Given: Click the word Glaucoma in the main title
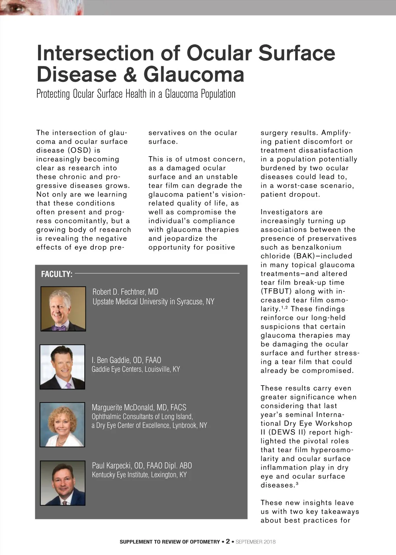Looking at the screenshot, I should pyautogui.click(x=194, y=74).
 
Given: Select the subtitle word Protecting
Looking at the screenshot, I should pyautogui.click(x=53, y=94).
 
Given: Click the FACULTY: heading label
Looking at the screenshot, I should pyautogui.click(x=57, y=274).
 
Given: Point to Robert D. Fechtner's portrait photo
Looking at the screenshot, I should pyautogui.click(x=63, y=309).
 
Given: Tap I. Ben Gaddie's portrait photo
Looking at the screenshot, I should pyautogui.click(x=62, y=367).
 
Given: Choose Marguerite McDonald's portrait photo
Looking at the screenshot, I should pyautogui.click(x=62, y=425).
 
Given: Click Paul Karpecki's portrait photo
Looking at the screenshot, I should pyautogui.click(x=63, y=483).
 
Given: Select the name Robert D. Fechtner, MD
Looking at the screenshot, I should pyautogui.click(x=125, y=292).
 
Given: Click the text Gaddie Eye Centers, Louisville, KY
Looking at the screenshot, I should pyautogui.click(x=136, y=369).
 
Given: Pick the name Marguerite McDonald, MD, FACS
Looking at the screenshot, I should pyautogui.click(x=139, y=408).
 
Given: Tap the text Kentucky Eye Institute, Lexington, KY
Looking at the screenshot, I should pyautogui.click(x=139, y=475).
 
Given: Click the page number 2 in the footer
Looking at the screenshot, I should pyautogui.click(x=228, y=541).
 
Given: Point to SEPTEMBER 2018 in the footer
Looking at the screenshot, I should pyautogui.click(x=256, y=542).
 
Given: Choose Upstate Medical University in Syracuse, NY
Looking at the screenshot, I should pyautogui.click(x=153, y=302).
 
